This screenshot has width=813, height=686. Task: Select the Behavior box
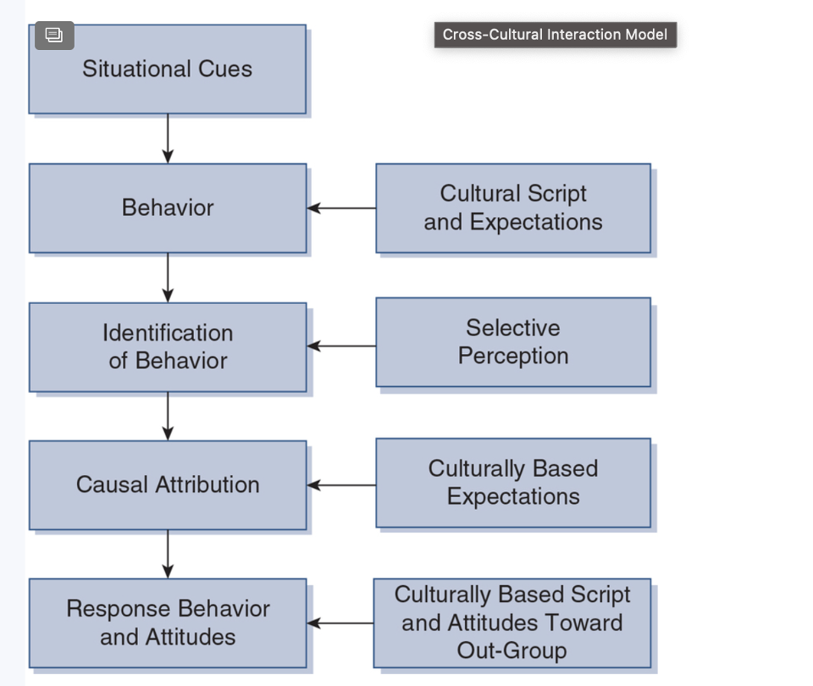point(167,208)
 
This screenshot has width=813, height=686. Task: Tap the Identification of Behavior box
point(167,346)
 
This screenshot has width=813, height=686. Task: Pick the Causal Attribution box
point(167,484)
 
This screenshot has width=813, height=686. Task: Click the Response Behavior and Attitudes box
point(167,622)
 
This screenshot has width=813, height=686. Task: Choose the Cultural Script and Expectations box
point(512,208)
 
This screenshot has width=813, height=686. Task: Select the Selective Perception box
point(512,341)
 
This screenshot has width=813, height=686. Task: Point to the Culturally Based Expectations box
point(512,482)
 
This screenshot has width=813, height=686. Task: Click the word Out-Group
point(512,651)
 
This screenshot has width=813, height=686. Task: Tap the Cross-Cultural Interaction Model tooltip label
point(555,35)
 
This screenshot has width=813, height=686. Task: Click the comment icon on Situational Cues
point(54,35)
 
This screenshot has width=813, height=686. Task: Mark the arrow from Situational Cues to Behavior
point(168,138)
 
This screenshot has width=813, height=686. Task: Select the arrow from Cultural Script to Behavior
point(341,208)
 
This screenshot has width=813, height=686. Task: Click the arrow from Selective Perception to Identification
point(341,346)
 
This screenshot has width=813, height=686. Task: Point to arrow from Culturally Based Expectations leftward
point(341,485)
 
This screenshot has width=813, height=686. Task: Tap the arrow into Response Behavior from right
point(340,623)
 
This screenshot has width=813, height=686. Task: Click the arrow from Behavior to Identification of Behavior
point(168,277)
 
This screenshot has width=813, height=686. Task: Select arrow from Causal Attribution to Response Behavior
point(168,554)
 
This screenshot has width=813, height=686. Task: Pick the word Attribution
point(207,484)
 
